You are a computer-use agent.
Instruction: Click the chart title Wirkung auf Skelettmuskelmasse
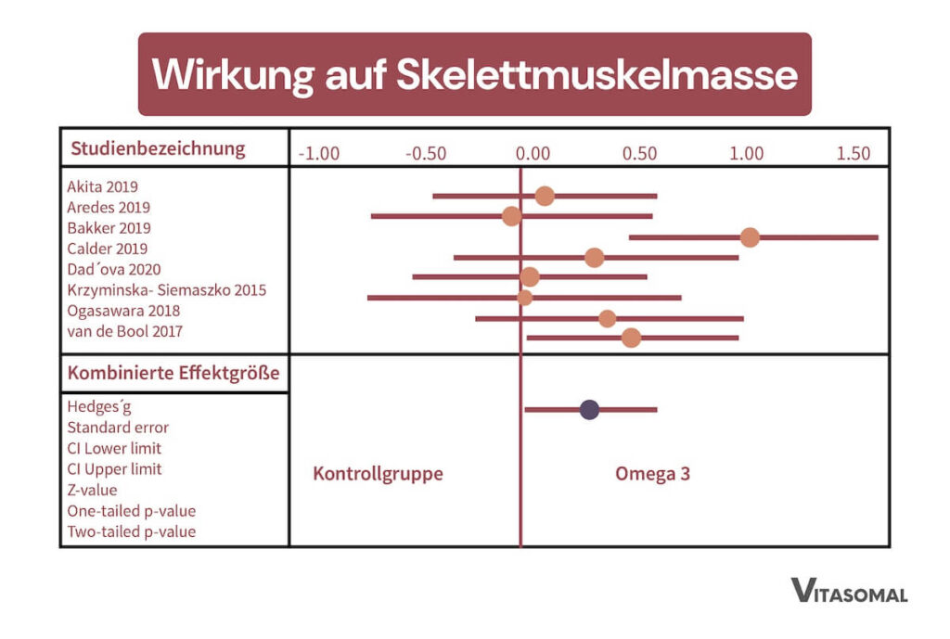(x=474, y=74)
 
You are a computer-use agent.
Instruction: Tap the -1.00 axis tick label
(x=318, y=153)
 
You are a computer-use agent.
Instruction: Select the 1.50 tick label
(x=853, y=153)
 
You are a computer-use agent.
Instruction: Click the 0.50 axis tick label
(x=639, y=153)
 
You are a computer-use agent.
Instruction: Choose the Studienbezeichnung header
(x=158, y=148)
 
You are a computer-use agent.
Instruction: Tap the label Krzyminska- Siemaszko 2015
(x=166, y=290)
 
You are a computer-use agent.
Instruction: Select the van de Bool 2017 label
(x=124, y=331)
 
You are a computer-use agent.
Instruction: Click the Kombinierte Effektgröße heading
(x=173, y=376)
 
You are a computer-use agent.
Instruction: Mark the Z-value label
(x=92, y=490)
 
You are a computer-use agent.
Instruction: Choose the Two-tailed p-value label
(x=131, y=531)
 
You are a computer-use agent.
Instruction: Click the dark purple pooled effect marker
(x=589, y=409)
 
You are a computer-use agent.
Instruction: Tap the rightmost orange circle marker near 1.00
(x=750, y=237)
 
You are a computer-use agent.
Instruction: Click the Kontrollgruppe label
(x=378, y=474)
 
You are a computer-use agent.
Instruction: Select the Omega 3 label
(x=652, y=474)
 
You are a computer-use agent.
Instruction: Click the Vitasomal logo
(x=849, y=591)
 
